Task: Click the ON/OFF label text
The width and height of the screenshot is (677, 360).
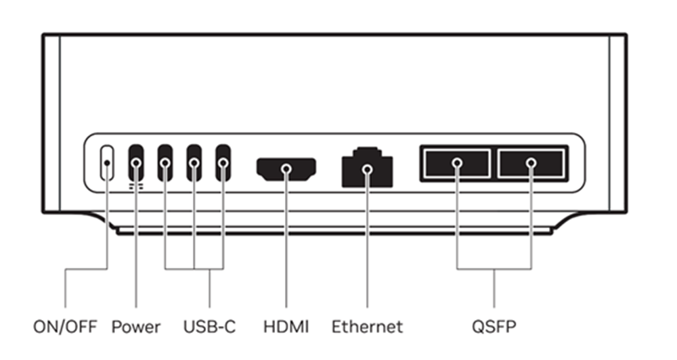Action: (66, 328)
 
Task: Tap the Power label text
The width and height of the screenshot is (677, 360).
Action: (136, 328)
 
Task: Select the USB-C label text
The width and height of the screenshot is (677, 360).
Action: (209, 328)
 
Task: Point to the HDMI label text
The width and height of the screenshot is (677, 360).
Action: (286, 328)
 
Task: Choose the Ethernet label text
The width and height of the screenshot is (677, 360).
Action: (367, 328)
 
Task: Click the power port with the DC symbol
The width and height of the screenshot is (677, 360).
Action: (136, 162)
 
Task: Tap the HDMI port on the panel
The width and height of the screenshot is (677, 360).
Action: (286, 168)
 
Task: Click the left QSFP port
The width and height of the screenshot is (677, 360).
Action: (456, 164)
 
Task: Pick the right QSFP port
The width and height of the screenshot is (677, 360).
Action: (531, 164)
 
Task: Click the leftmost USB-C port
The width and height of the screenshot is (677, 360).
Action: (165, 162)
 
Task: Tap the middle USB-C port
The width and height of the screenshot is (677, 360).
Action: (194, 162)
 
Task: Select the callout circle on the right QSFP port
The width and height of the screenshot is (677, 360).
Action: (531, 163)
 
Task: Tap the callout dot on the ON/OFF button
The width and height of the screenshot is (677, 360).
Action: (107, 163)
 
